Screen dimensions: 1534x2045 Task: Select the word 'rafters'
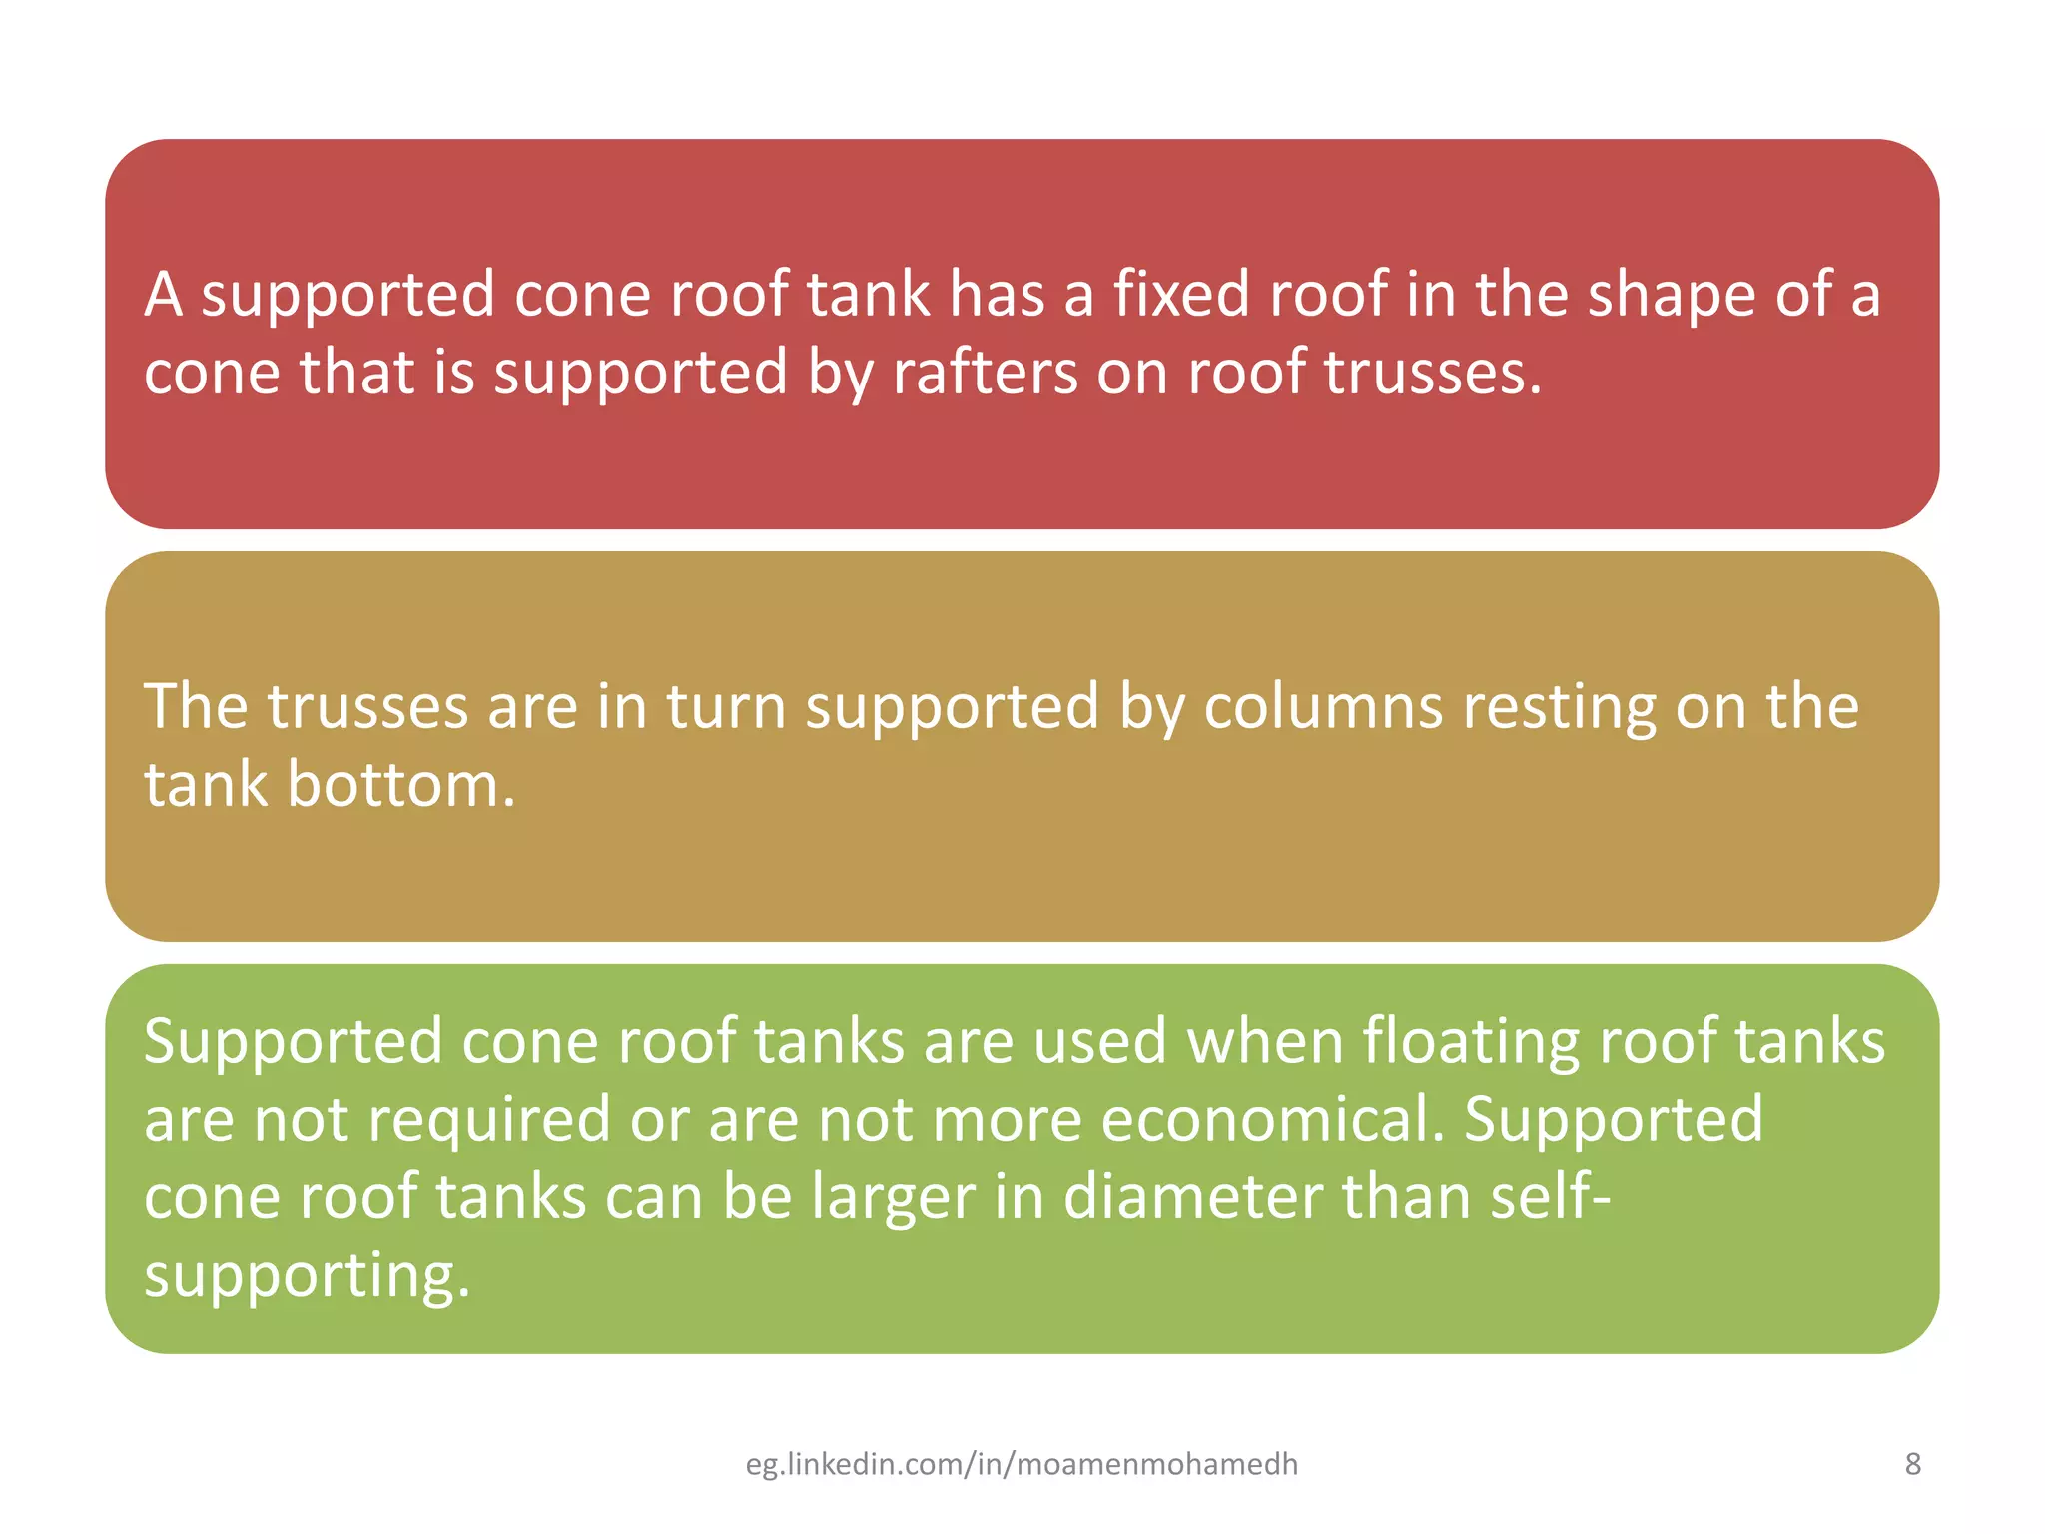point(985,374)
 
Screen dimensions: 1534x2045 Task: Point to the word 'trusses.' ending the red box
point(1433,374)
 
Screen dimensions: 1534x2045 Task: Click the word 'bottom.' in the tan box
point(400,785)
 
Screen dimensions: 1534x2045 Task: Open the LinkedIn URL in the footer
point(1022,1464)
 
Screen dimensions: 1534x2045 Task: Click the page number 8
point(1912,1464)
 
